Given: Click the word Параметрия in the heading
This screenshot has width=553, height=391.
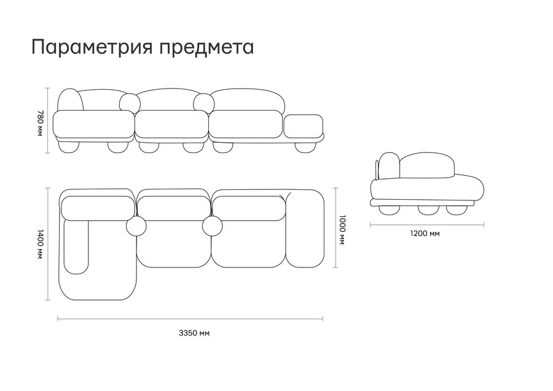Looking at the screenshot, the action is (x=92, y=47).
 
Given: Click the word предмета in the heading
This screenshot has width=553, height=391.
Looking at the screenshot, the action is (x=206, y=47).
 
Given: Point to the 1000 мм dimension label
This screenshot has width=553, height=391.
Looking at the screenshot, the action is (x=342, y=229).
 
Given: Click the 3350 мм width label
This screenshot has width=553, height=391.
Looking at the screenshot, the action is (x=194, y=333).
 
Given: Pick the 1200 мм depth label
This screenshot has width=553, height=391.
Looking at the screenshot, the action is (x=425, y=234).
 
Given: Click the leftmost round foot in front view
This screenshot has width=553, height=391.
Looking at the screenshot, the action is (x=68, y=146).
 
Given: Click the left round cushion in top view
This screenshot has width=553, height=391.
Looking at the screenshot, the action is (x=136, y=226).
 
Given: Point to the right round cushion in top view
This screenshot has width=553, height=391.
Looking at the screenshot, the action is (x=213, y=226).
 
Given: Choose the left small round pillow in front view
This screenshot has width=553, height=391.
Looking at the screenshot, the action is (x=130, y=102).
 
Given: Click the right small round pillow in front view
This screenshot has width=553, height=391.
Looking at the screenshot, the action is (x=204, y=102).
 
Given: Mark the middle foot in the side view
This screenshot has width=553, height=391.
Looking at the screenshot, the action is (x=428, y=210).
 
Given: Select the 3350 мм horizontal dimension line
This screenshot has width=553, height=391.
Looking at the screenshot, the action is (x=190, y=319).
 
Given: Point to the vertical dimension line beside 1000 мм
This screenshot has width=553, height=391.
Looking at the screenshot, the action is (x=335, y=227).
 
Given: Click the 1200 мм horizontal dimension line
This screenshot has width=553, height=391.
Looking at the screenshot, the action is (x=427, y=224).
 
